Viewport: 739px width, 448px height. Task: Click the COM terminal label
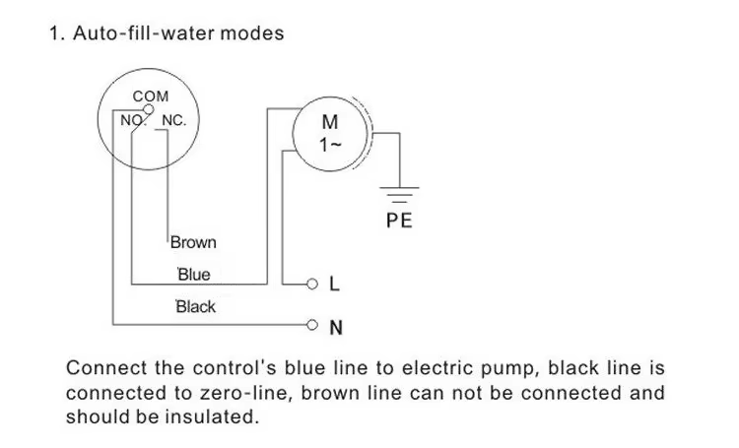click(x=151, y=96)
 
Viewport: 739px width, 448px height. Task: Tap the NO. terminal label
click(x=132, y=121)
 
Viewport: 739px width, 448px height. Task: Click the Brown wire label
click(x=193, y=242)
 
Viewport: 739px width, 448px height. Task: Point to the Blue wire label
click(x=193, y=275)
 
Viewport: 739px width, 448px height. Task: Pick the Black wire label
click(x=195, y=306)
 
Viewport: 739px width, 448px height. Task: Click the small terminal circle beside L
click(x=314, y=286)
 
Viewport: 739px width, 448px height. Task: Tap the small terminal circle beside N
click(x=314, y=324)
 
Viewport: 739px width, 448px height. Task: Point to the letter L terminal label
click(x=334, y=286)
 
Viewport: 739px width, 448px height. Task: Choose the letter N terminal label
click(x=335, y=326)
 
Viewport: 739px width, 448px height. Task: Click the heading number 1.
click(x=53, y=33)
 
